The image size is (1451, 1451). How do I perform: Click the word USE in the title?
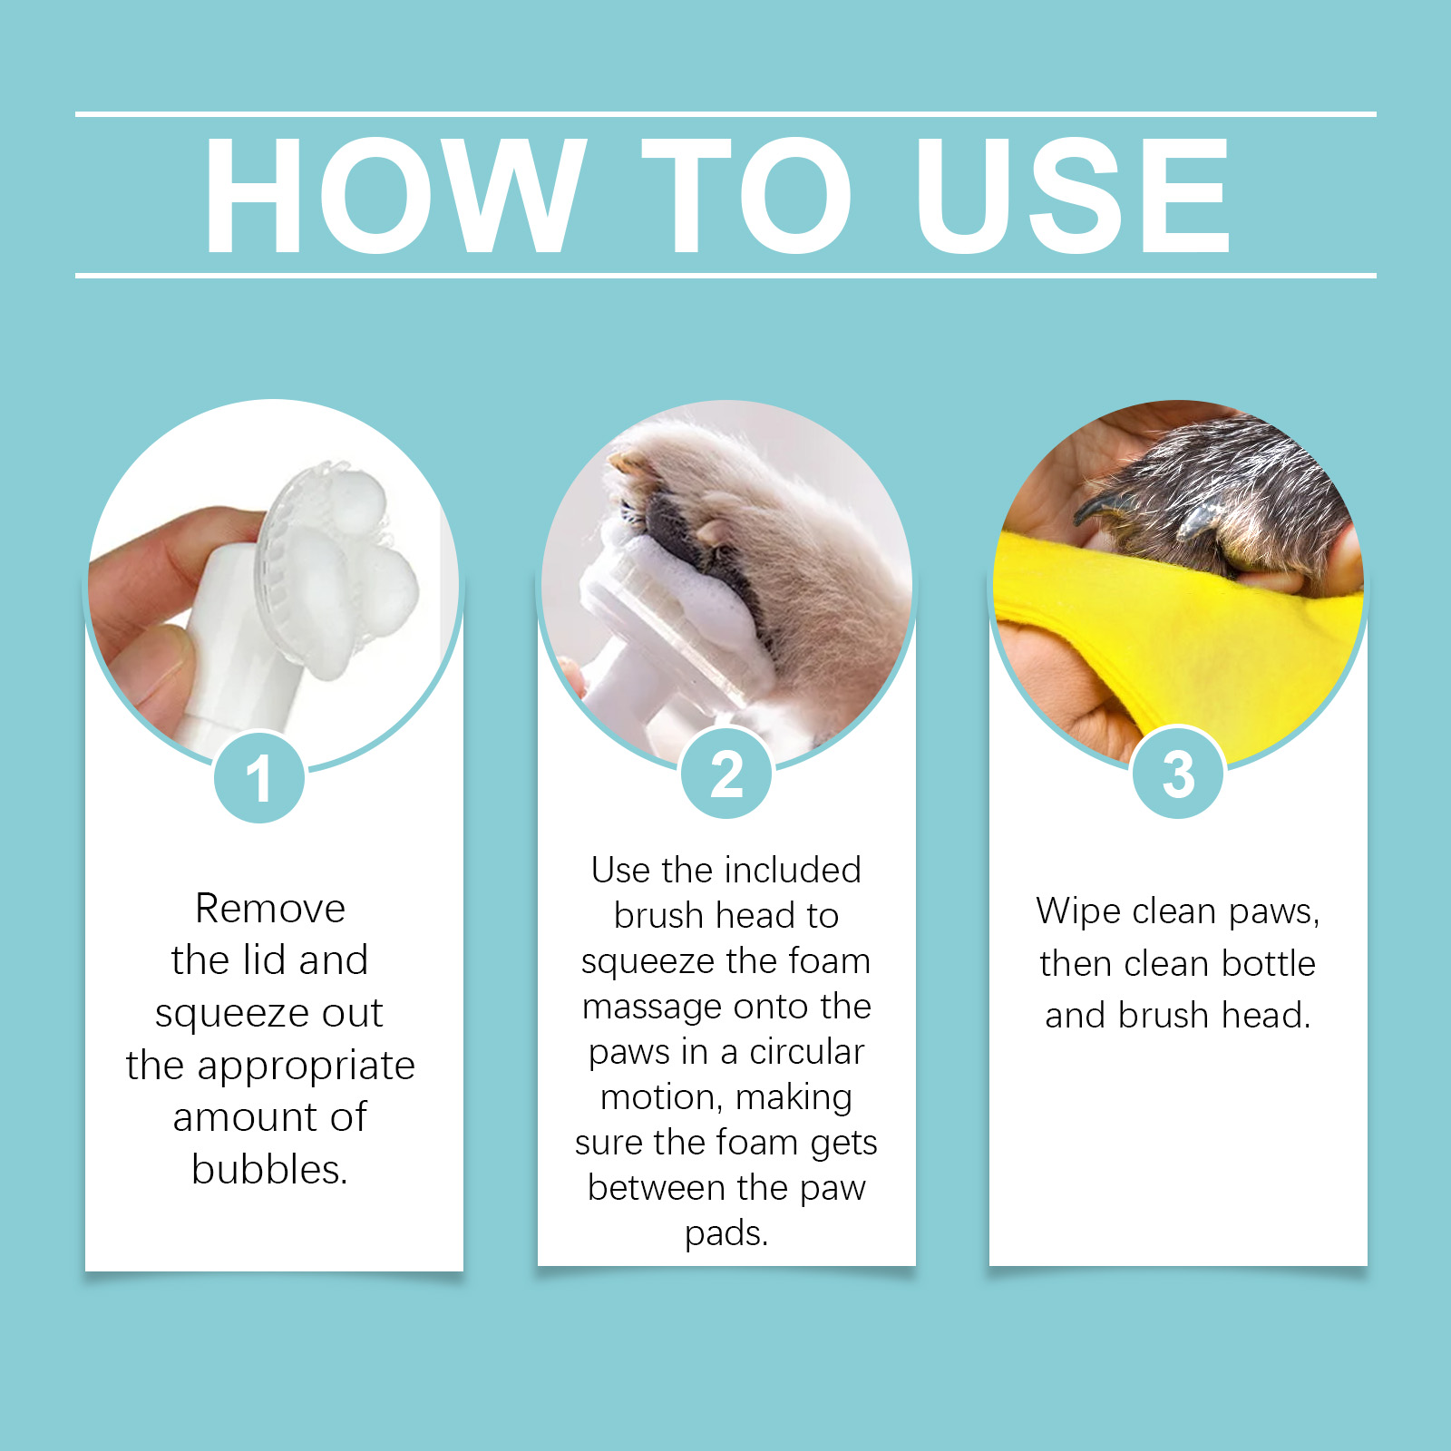point(1073,196)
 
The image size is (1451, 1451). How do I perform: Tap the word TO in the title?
point(746,196)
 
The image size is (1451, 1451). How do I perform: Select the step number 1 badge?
point(259,777)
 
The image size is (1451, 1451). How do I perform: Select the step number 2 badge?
point(726,774)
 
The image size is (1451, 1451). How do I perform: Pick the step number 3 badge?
point(1178,774)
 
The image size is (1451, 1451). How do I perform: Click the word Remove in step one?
point(270,909)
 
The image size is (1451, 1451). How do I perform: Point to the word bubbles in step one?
point(269,1169)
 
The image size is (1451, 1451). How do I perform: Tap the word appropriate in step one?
point(307,1066)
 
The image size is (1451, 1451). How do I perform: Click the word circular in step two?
point(806,1052)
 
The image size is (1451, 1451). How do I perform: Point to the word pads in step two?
point(726,1234)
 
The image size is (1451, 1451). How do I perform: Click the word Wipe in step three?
point(1078,911)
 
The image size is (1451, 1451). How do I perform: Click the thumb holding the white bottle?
point(145,671)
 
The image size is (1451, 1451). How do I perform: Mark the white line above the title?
point(725,114)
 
